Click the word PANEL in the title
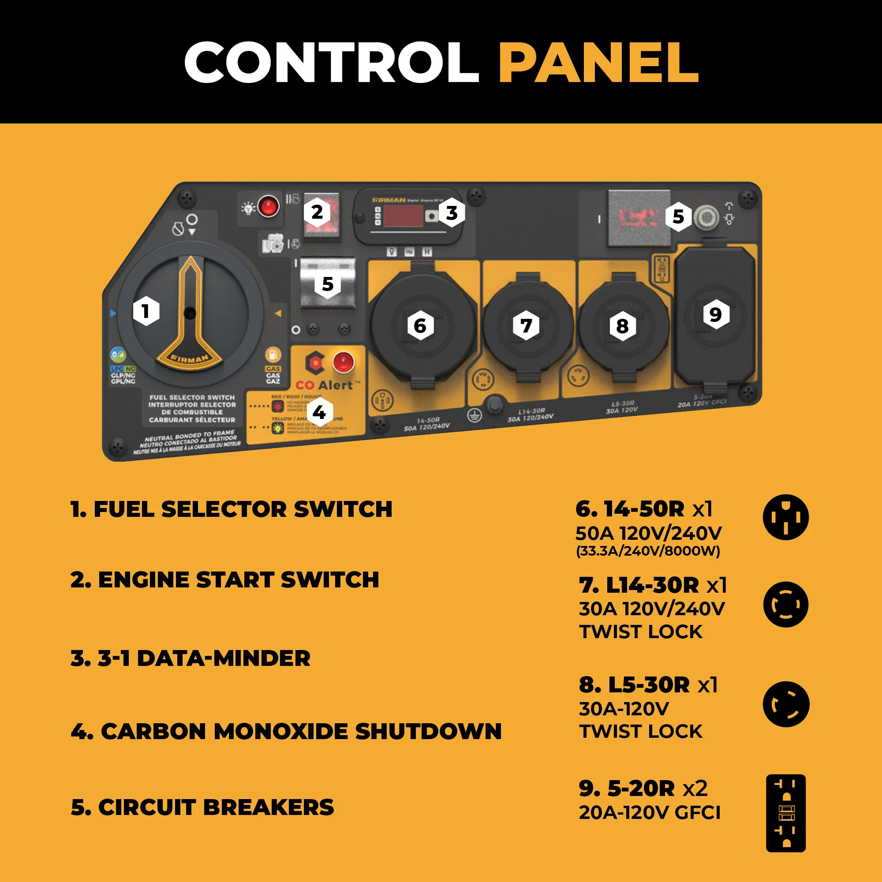(598, 63)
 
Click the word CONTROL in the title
(331, 63)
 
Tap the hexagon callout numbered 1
(146, 311)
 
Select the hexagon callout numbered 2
(317, 212)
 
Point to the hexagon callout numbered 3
(452, 213)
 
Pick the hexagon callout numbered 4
(319, 413)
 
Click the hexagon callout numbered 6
(420, 326)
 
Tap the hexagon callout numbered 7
(526, 326)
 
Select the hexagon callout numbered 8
(622, 326)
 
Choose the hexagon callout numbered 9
(716, 314)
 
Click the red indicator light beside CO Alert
(343, 363)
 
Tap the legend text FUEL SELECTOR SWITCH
(232, 509)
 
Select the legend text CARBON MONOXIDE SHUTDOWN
(286, 731)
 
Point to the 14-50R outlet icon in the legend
(785, 517)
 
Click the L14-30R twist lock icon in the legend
(785, 605)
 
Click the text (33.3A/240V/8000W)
(648, 551)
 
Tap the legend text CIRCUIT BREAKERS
(202, 807)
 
